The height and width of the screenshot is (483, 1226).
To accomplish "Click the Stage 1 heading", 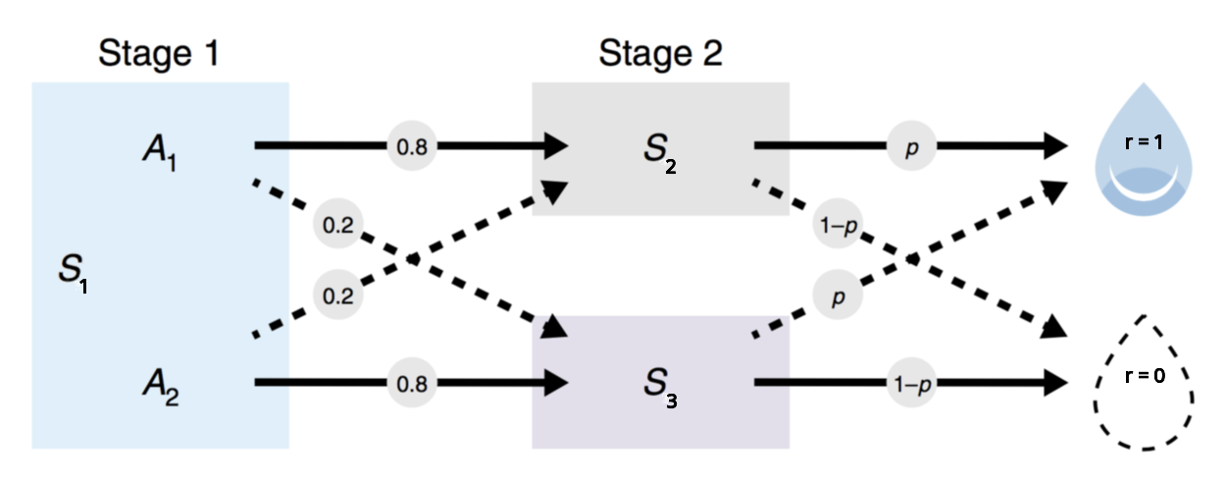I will pos(157,54).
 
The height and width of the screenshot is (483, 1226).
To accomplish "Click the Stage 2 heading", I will pos(660,54).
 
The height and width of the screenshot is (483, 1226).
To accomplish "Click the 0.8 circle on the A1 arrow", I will pos(411,146).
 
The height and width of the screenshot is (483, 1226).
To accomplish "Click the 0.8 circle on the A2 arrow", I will pos(411,381).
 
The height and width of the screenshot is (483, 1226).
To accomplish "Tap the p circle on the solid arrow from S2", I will pos(910,146).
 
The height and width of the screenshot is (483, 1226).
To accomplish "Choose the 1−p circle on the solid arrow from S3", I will pos(910,381).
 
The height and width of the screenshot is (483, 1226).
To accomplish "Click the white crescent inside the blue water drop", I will pos(1145,183).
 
